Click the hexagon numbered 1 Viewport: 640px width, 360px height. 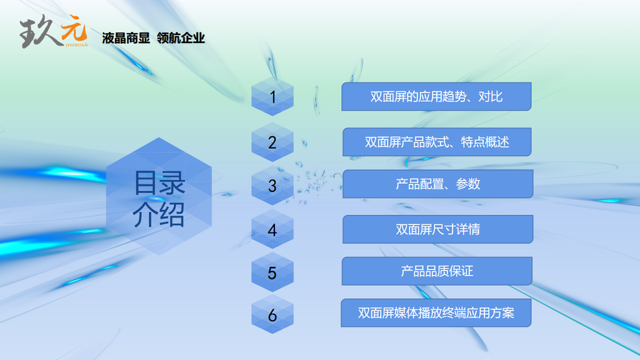click(272, 96)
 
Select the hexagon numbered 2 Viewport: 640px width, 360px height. click(272, 142)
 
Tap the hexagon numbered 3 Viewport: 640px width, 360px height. click(272, 186)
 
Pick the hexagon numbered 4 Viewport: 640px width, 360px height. click(272, 229)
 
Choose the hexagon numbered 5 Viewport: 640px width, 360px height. click(272, 272)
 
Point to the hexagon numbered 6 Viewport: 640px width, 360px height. click(272, 315)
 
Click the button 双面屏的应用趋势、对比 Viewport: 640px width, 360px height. click(436, 97)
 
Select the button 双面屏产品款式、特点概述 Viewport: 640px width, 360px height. click(437, 142)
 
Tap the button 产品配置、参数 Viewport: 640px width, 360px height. click(437, 184)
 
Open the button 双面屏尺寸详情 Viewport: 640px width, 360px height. click(437, 229)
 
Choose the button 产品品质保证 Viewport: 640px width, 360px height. click(437, 271)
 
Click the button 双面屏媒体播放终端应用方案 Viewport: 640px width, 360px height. click(436, 313)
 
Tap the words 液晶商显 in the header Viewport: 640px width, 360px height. click(126, 38)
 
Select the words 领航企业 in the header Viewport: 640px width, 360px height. click(181, 38)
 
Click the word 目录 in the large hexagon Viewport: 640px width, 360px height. click(159, 183)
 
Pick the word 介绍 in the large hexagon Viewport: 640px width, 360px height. click(159, 214)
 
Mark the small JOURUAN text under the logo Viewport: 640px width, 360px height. click(77, 45)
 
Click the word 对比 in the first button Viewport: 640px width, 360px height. click(490, 97)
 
